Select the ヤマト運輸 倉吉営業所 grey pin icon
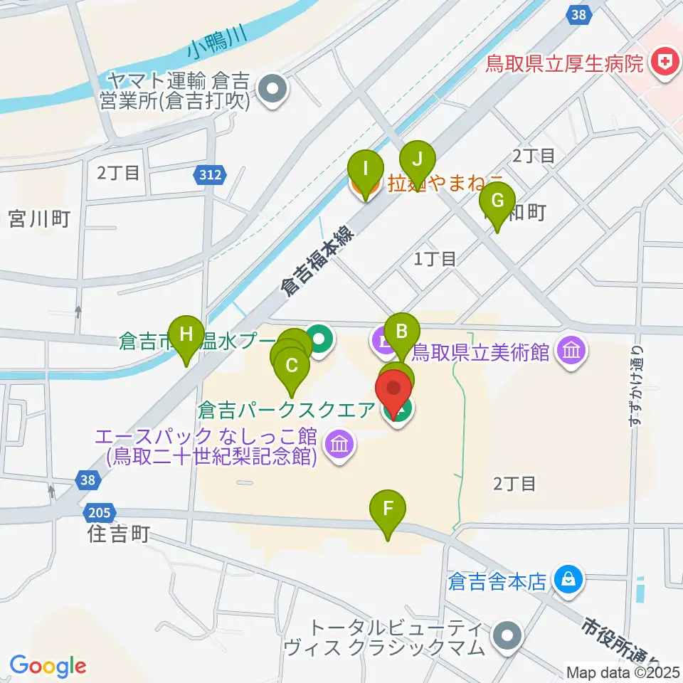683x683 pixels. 272,90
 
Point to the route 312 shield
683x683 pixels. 212,174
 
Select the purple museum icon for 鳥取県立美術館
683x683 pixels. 573,350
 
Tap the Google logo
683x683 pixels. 48,665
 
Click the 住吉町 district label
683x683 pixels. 120,534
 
